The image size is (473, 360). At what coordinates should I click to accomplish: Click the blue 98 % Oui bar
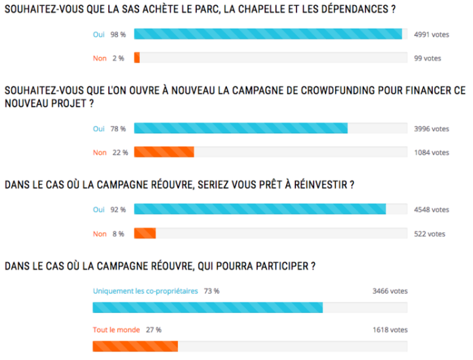(x=268, y=34)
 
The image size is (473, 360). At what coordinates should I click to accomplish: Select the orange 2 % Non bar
(x=137, y=58)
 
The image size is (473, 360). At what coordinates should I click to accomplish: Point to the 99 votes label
(x=428, y=58)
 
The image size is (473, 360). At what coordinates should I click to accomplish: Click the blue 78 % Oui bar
(x=241, y=129)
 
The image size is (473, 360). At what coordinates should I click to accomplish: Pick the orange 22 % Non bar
(x=164, y=152)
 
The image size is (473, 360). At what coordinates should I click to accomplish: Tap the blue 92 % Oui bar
(x=260, y=210)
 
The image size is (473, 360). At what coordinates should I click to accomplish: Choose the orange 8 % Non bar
(x=145, y=233)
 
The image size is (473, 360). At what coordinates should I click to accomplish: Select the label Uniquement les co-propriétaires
(x=145, y=290)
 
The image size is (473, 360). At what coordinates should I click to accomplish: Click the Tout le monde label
(x=116, y=330)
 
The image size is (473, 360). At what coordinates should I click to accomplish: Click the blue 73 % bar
(x=207, y=308)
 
